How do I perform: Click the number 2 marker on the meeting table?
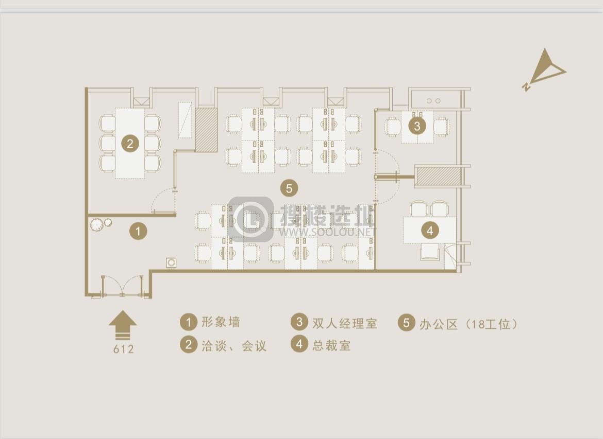tap(130, 144)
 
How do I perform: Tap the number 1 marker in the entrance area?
tap(138, 231)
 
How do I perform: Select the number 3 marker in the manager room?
tap(417, 126)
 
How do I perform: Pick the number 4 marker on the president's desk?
tap(430, 231)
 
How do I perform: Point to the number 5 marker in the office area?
tap(289, 188)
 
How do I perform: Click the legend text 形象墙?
tap(221, 322)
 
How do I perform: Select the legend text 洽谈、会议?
tap(234, 346)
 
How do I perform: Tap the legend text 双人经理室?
tap(345, 323)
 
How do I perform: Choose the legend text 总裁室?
tap(331, 345)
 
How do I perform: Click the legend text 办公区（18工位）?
tap(468, 324)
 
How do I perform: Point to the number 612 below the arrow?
tap(124, 349)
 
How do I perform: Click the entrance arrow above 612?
tap(123, 325)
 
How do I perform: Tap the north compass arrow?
tap(545, 68)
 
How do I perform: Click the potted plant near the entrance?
tap(96, 224)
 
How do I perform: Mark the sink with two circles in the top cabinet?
tap(433, 101)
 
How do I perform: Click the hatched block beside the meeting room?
tap(206, 129)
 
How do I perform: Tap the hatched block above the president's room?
tap(439, 177)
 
